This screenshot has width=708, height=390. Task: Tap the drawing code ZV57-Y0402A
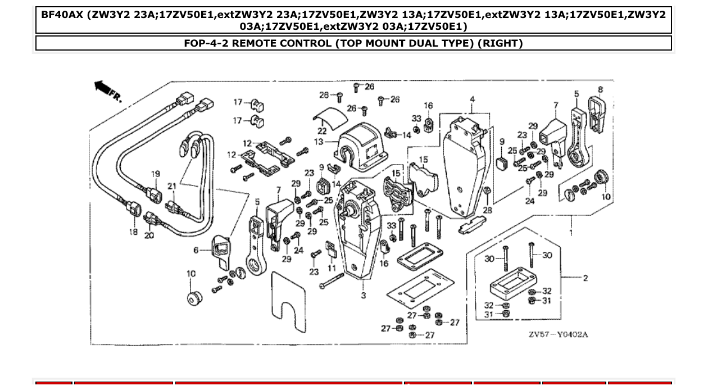pyautogui.click(x=557, y=335)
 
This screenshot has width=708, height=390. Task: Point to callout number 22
pyautogui.click(x=323, y=131)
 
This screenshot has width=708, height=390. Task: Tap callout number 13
pyautogui.click(x=319, y=142)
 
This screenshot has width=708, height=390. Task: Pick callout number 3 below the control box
pyautogui.click(x=363, y=295)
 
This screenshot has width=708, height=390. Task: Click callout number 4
pyautogui.click(x=472, y=99)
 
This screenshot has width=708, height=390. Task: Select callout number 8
pyautogui.click(x=600, y=89)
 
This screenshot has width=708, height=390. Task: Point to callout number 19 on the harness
pyautogui.click(x=156, y=174)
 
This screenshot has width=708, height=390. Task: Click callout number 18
pyautogui.click(x=133, y=232)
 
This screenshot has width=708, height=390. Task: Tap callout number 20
pyautogui.click(x=149, y=235)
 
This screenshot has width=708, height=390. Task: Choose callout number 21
pyautogui.click(x=172, y=186)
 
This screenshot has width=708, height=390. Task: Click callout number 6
pyautogui.click(x=196, y=251)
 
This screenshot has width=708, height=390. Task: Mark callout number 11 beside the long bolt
pyautogui.click(x=332, y=268)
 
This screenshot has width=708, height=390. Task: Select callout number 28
pyautogui.click(x=487, y=210)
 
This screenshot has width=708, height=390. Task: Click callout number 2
pyautogui.click(x=585, y=278)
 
